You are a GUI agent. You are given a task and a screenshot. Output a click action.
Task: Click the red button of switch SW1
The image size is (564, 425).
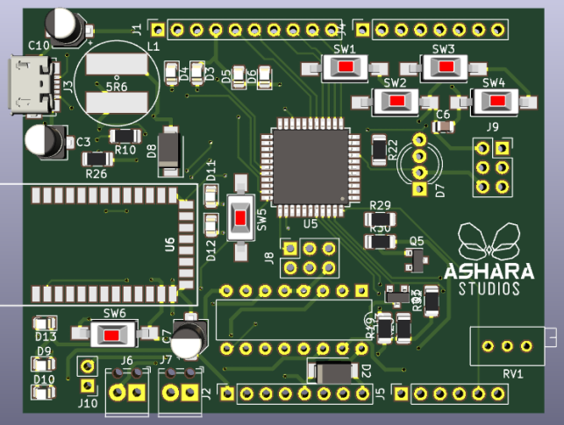point(347,68)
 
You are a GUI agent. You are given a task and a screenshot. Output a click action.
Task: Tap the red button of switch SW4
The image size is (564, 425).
point(497,101)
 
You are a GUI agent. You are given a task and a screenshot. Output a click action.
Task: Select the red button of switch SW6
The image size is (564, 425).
point(111,334)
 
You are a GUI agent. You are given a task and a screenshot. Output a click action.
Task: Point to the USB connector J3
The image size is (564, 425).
point(26,85)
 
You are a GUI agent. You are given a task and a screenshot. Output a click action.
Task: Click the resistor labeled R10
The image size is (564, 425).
point(125,136)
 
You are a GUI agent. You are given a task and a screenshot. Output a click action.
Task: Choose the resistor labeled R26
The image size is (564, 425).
point(96,159)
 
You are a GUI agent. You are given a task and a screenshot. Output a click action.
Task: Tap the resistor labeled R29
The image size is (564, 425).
point(380,221)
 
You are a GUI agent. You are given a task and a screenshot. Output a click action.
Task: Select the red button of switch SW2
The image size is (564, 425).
point(397,102)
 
